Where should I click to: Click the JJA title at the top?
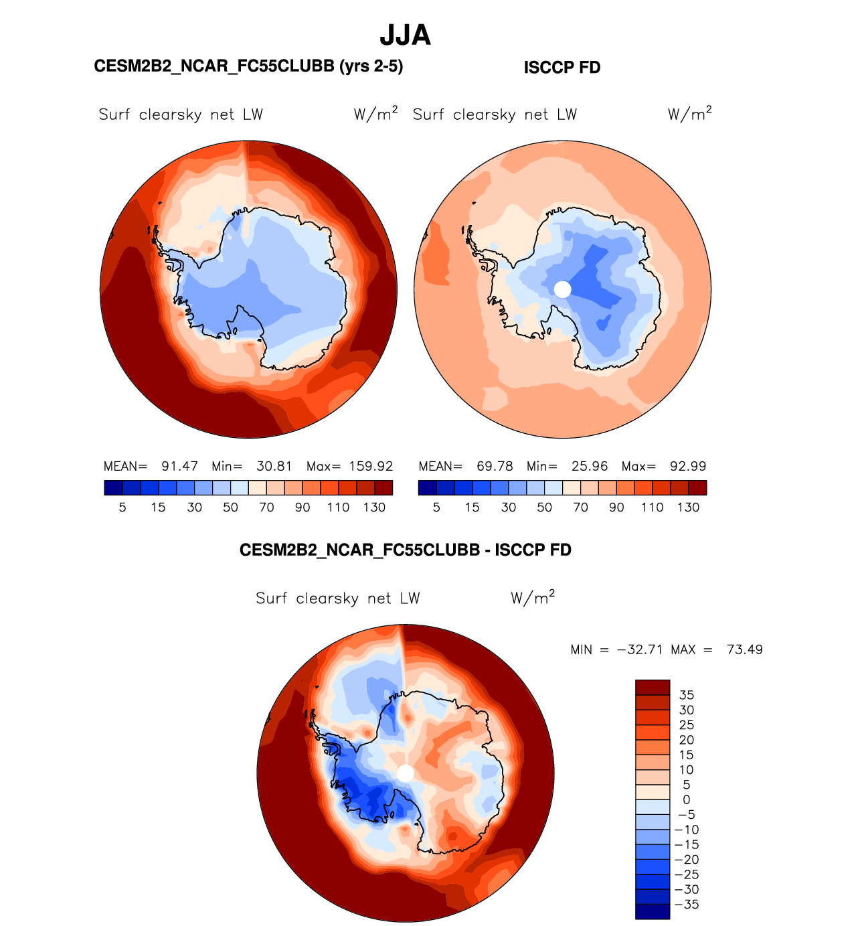405,35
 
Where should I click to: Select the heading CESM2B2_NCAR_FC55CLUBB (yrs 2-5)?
248,66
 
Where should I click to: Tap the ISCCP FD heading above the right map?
562,68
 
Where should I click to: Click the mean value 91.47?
179,466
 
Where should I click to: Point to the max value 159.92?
371,466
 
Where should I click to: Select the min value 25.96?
590,466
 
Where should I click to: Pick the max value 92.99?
688,466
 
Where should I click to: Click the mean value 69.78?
495,466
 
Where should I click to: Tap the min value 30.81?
274,466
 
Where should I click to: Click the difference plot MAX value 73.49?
744,649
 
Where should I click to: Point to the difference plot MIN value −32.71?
640,649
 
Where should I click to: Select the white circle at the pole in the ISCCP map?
563,289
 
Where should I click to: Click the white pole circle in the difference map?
406,773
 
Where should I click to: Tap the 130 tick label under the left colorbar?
374,508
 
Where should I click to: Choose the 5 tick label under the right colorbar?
436,508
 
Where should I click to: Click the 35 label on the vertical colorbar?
686,695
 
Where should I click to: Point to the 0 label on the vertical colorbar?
686,800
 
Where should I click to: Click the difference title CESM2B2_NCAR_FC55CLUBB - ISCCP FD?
406,550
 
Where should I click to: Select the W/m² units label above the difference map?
533,597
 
